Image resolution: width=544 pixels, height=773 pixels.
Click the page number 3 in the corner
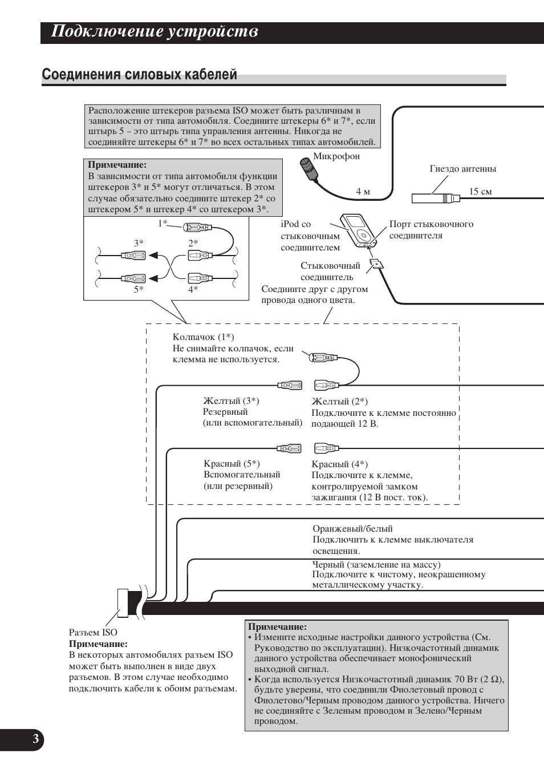click(x=35, y=739)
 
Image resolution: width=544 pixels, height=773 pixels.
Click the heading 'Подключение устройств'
click(x=155, y=31)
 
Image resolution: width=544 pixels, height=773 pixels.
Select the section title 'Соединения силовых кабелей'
click(x=140, y=75)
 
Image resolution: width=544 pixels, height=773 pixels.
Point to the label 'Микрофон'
click(x=336, y=156)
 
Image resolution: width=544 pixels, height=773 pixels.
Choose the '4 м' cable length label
click(x=363, y=192)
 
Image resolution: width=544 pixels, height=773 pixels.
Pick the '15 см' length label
click(x=480, y=192)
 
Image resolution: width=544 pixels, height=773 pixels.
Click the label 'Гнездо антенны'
click(x=462, y=169)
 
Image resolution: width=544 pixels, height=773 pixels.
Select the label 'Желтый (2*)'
click(x=340, y=402)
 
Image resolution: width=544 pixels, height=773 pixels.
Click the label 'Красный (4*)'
click(x=340, y=464)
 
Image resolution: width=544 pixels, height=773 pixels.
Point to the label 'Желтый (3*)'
click(x=231, y=401)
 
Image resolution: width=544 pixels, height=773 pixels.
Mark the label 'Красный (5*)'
click(x=232, y=464)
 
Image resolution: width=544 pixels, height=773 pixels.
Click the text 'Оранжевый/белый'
click(x=352, y=529)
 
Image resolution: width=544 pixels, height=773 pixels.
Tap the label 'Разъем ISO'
click(x=93, y=633)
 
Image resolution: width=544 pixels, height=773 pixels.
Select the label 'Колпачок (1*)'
click(x=203, y=337)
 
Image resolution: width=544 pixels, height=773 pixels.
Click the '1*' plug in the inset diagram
click(x=197, y=228)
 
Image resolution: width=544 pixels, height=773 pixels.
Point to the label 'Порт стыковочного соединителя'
click(x=431, y=230)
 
